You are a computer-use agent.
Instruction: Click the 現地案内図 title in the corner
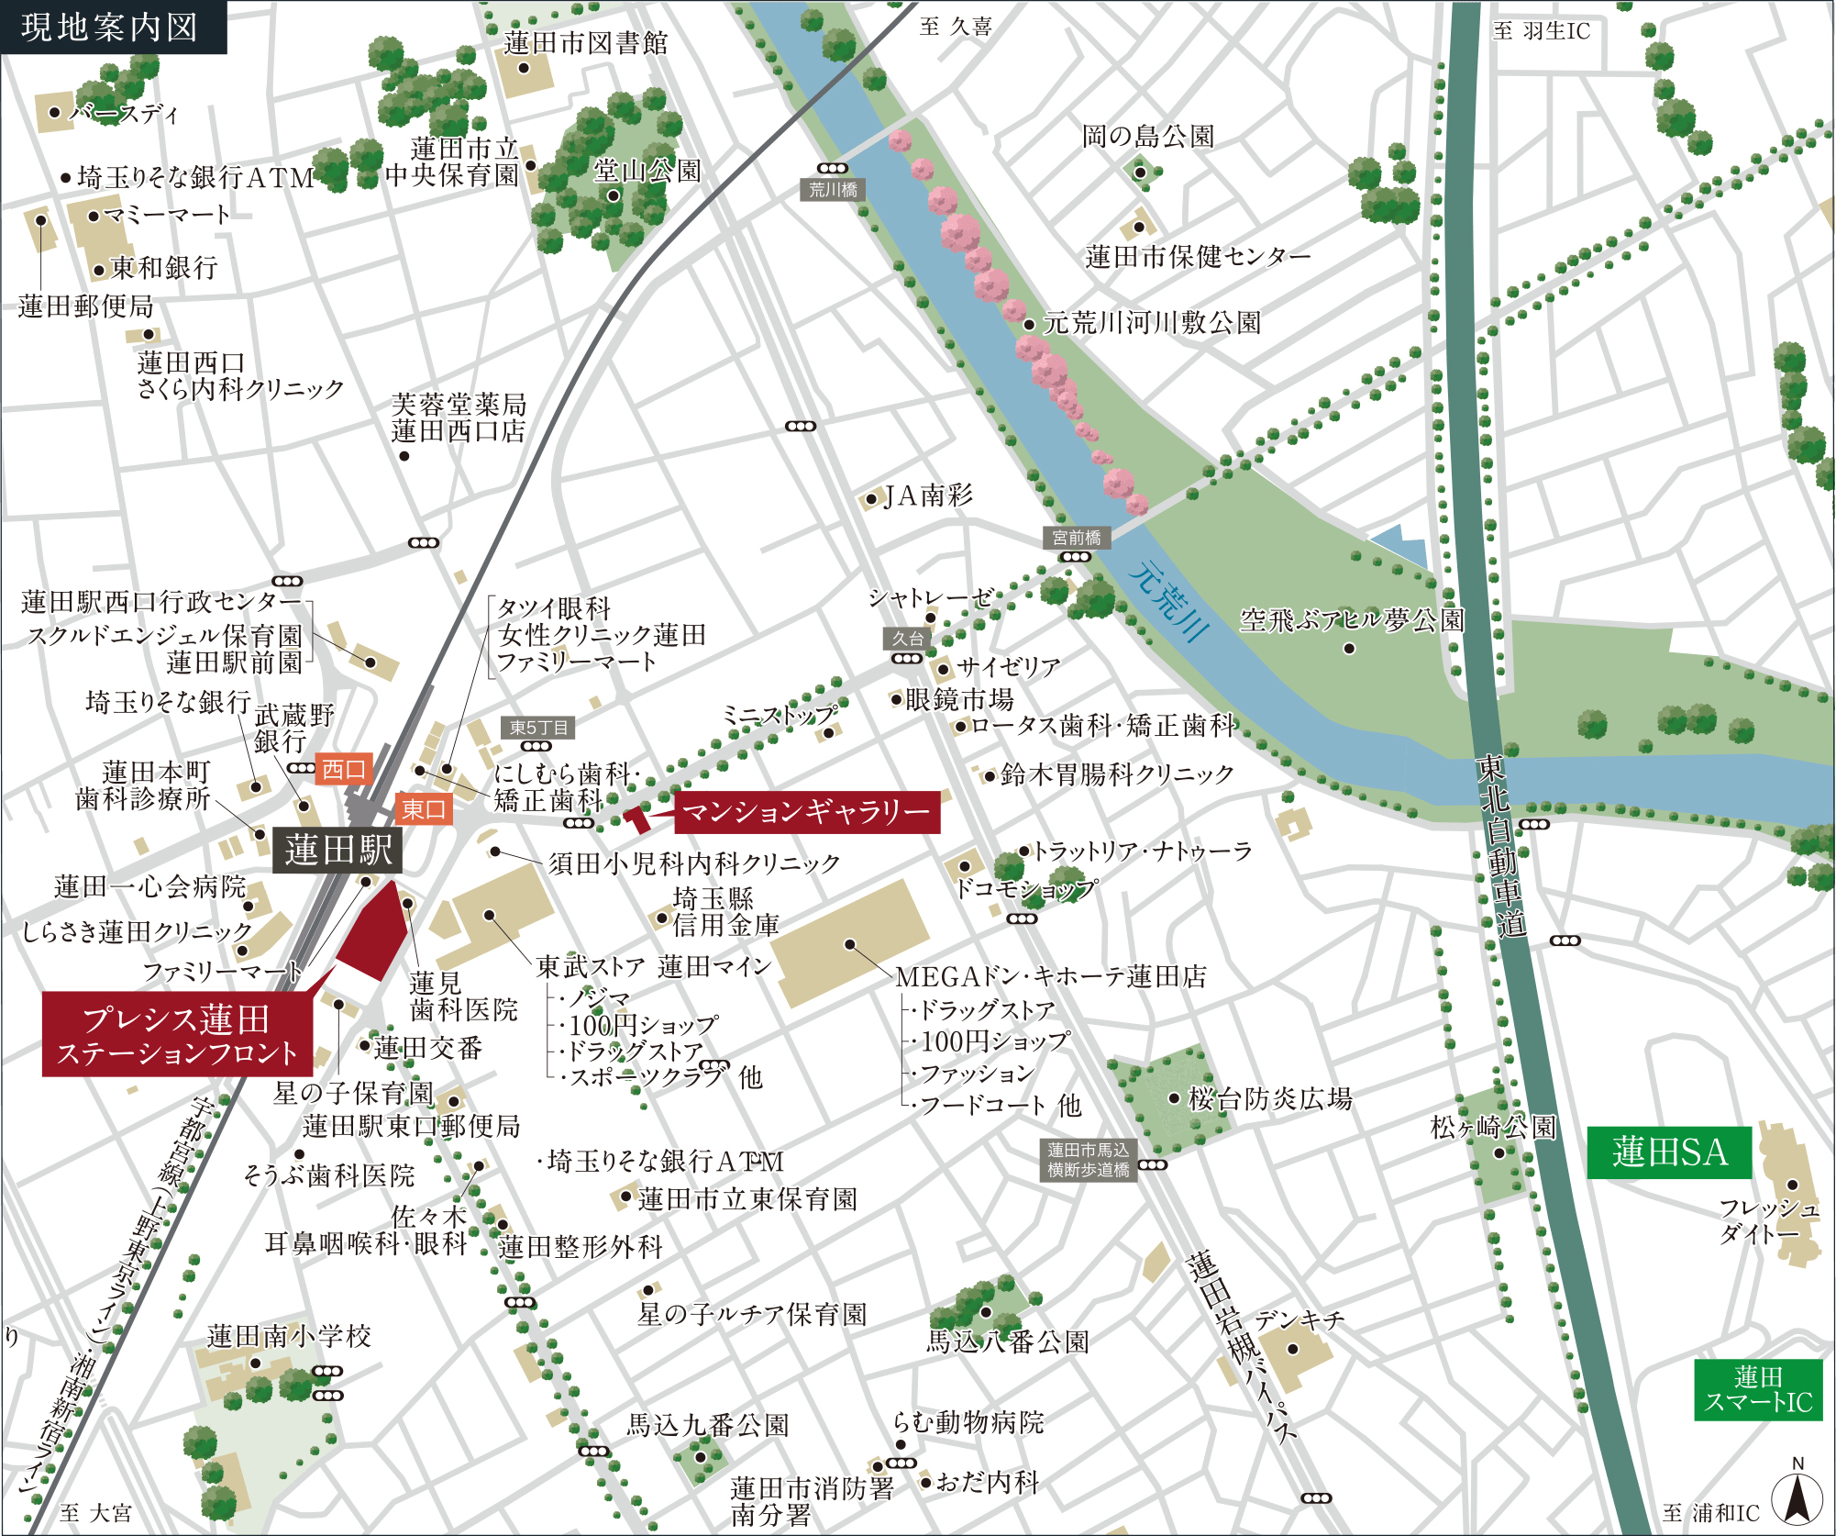pyautogui.click(x=110, y=27)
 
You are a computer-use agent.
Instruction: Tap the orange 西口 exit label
pyautogui.click(x=344, y=769)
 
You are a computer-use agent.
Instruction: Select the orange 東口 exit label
pyautogui.click(x=424, y=808)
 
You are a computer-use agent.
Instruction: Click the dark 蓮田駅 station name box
pyautogui.click(x=337, y=850)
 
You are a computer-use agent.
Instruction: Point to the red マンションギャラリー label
pyautogui.click(x=806, y=811)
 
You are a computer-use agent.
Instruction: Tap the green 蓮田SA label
pyautogui.click(x=1669, y=1152)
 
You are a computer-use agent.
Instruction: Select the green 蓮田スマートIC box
pyautogui.click(x=1757, y=1389)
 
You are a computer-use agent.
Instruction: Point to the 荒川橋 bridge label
pyautogui.click(x=833, y=190)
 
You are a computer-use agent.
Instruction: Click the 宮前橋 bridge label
pyautogui.click(x=1076, y=538)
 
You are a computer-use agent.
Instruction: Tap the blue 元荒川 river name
pyautogui.click(x=1169, y=600)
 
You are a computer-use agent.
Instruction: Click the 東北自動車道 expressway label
pyautogui.click(x=1500, y=844)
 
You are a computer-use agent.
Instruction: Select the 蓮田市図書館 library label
pyautogui.click(x=585, y=43)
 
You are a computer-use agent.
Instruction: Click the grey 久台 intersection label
pyautogui.click(x=908, y=639)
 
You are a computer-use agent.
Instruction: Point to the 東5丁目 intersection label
pyautogui.click(x=538, y=728)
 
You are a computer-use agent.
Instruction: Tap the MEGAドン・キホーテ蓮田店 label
pyautogui.click(x=1050, y=976)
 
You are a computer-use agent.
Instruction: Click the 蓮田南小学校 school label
pyautogui.click(x=289, y=1336)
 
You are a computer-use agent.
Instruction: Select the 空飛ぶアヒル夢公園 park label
pyautogui.click(x=1352, y=620)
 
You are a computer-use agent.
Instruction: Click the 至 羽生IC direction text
pyautogui.click(x=1541, y=30)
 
